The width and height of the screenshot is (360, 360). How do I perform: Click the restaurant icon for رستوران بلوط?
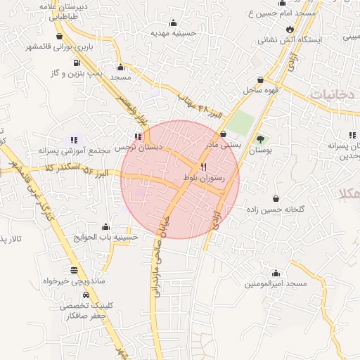(203, 167)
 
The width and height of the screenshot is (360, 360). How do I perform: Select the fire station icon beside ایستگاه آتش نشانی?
(289, 28)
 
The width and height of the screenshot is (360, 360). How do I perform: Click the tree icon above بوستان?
(261, 139)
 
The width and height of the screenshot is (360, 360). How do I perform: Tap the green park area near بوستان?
(240, 122)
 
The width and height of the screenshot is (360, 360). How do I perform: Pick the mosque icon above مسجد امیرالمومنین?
(276, 273)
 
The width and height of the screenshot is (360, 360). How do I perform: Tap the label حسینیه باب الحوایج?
(105, 238)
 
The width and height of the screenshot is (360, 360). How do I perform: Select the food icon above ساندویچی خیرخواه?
(74, 270)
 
